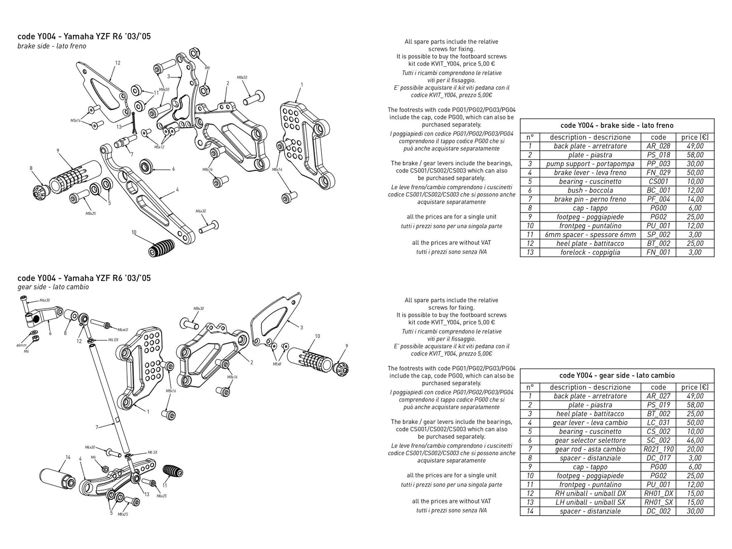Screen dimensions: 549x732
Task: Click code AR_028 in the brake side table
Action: [x=658, y=146]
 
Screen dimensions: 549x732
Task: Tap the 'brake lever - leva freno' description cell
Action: [x=590, y=172]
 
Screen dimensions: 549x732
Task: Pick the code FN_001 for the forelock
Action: [x=658, y=252]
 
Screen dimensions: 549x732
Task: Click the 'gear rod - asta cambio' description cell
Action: [x=590, y=449]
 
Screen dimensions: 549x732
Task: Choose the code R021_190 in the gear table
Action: [x=658, y=449]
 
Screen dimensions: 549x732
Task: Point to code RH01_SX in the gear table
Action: [x=658, y=502]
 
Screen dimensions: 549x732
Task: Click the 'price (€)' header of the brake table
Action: [x=695, y=137]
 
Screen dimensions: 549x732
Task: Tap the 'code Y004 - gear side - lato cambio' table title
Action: [x=617, y=375]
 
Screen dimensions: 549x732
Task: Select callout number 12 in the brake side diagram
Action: [x=118, y=63]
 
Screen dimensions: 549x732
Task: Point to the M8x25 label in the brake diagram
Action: [x=90, y=213]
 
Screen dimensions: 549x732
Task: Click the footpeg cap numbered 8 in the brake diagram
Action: [x=41, y=192]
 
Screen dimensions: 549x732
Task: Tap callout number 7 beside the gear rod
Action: [x=97, y=428]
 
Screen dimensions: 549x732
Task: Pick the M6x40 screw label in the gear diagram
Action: [x=122, y=330]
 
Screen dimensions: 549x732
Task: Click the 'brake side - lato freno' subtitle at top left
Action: [x=52, y=46]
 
